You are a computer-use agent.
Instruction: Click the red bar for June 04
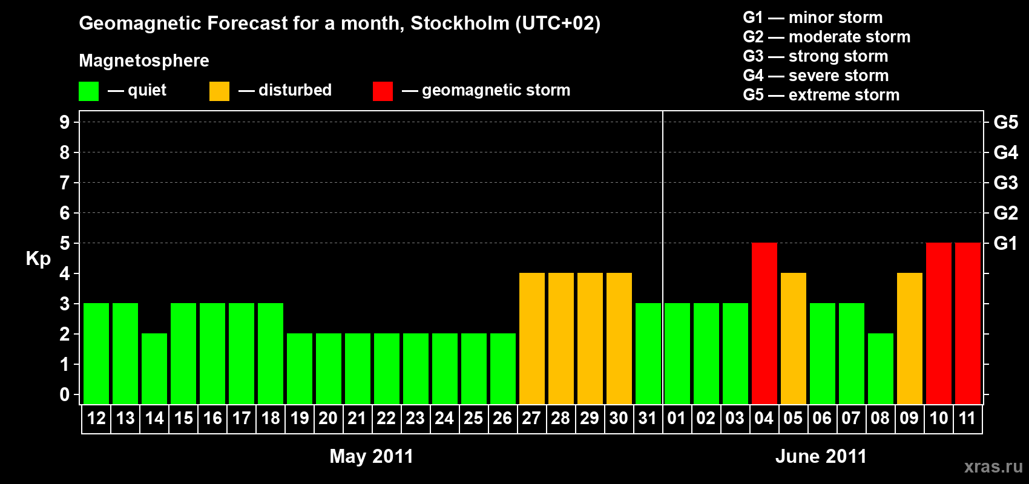[x=764, y=323]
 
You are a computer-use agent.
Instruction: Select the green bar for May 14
[x=154, y=368]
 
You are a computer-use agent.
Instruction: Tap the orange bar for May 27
[x=532, y=338]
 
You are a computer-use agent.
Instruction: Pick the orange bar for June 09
[x=910, y=338]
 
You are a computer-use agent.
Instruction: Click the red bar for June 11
[x=968, y=323]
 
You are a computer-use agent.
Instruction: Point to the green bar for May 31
[x=648, y=353]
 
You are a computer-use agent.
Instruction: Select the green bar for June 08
[x=881, y=368]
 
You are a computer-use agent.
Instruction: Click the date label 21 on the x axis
[x=357, y=418]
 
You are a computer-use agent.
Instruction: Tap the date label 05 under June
[x=793, y=418]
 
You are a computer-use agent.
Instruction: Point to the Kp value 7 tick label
[x=65, y=183]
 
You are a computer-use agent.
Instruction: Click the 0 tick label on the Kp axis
[x=65, y=394]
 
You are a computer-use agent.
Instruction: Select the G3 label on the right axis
[x=1005, y=183]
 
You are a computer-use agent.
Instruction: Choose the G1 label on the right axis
[x=1005, y=243]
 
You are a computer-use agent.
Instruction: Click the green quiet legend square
[x=89, y=91]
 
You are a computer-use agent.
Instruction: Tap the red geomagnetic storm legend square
[x=383, y=91]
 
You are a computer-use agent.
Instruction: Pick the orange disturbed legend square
[x=219, y=91]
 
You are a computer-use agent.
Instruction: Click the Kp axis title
[x=38, y=259]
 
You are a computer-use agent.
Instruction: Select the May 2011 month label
[x=371, y=456]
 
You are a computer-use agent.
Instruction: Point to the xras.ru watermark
[x=993, y=466]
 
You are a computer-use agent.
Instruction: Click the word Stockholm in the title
[x=460, y=24]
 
